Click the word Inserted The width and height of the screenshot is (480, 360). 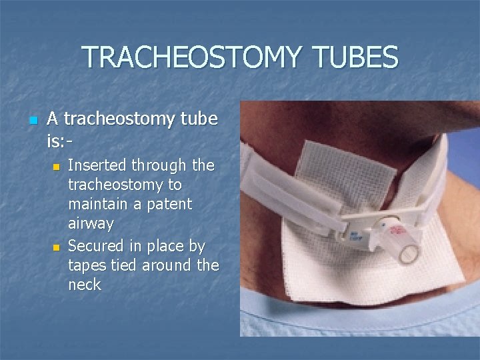tap(98, 165)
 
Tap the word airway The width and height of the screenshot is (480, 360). tap(91, 223)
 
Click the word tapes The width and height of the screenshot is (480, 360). tap(89, 265)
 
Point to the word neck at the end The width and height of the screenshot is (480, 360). tap(85, 285)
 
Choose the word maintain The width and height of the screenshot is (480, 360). tap(98, 203)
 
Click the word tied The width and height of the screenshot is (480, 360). tap(130, 265)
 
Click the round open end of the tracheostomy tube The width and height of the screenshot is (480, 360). tap(408, 253)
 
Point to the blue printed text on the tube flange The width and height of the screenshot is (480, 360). tap(354, 235)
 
